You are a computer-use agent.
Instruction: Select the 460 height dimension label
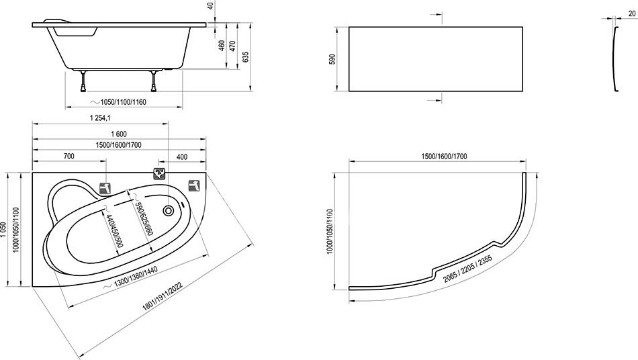pos(222,45)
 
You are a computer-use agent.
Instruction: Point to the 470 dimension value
pos(232,45)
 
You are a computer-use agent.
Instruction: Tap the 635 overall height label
pos(245,57)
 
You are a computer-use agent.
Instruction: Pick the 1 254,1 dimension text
pos(101,118)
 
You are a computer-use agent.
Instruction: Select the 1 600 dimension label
pos(118,134)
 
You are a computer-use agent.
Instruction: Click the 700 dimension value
pos(69,156)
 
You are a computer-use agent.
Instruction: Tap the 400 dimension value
pos(182,156)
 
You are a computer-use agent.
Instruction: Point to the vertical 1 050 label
pos(3,231)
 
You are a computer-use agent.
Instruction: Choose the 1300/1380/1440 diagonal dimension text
pos(136,277)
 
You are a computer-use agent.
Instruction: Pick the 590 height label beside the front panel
pos(332,59)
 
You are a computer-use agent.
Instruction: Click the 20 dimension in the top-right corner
pos(632,13)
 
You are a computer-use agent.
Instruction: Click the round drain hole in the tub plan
pos(168,211)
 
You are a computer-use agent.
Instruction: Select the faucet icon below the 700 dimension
pos(105,188)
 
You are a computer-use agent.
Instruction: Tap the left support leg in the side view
pos(84,81)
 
